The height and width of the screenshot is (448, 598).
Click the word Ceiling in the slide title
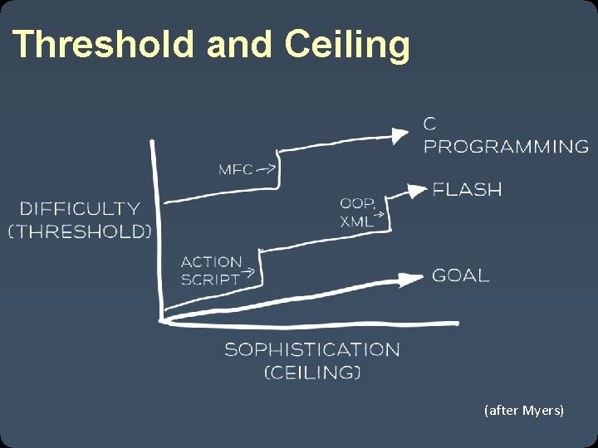(347, 46)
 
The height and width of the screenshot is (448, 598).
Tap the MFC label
(236, 169)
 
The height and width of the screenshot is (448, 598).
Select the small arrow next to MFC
(267, 168)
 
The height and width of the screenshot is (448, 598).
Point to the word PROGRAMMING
(506, 147)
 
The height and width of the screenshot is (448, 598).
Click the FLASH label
(468, 190)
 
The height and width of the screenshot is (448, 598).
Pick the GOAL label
(460, 275)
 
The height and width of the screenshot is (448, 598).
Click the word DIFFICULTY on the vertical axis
(80, 209)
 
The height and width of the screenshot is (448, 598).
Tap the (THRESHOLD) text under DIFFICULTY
(80, 231)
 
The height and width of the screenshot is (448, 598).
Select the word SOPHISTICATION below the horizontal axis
(311, 349)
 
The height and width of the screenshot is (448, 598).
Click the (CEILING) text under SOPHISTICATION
(312, 373)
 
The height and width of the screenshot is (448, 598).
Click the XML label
(355, 222)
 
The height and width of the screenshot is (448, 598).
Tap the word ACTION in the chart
(211, 262)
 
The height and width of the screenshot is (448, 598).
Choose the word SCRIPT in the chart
(209, 280)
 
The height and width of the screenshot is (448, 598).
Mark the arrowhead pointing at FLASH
(415, 190)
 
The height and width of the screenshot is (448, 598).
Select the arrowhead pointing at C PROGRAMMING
(400, 133)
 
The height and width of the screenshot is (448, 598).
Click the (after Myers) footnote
(523, 410)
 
